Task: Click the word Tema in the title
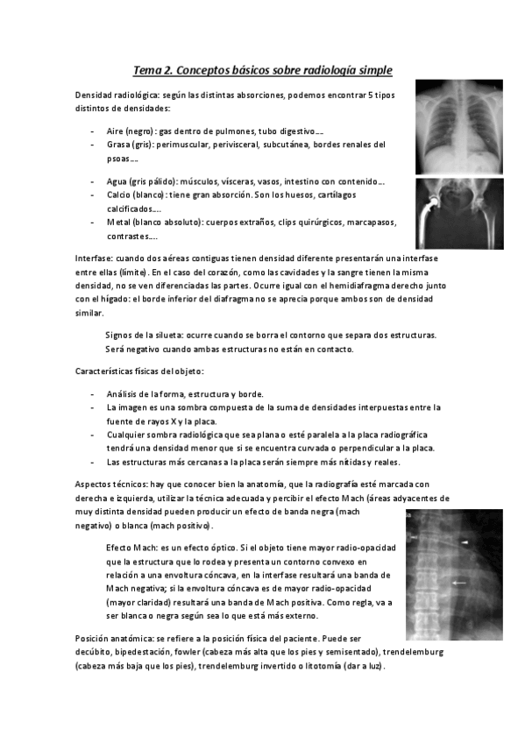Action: point(147,69)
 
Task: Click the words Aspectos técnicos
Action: point(111,484)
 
